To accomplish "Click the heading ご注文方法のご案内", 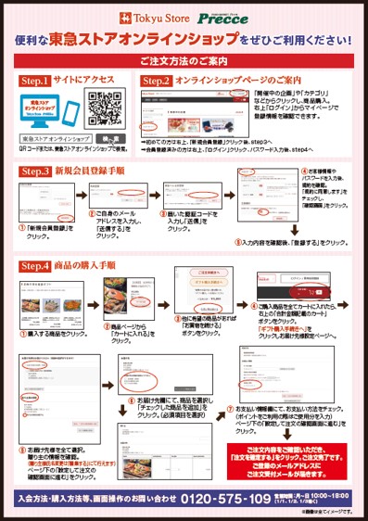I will coord(184,62).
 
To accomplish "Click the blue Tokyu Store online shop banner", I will coord(48,107).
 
